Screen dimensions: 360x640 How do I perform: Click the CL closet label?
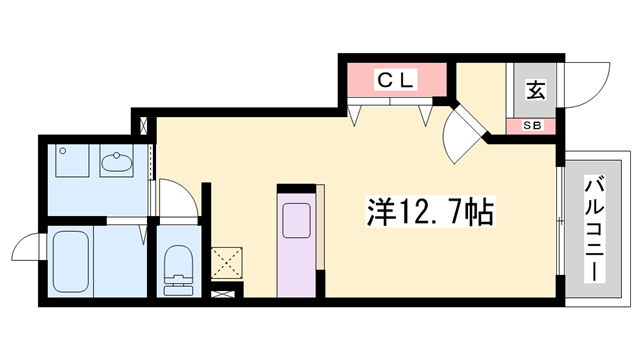tap(396, 81)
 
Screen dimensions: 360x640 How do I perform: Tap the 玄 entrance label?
tap(535, 90)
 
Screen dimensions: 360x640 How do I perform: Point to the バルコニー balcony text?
tap(595, 228)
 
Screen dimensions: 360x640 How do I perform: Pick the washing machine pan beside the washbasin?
tap(70, 163)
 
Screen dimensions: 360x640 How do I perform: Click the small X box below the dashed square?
tap(228, 296)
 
